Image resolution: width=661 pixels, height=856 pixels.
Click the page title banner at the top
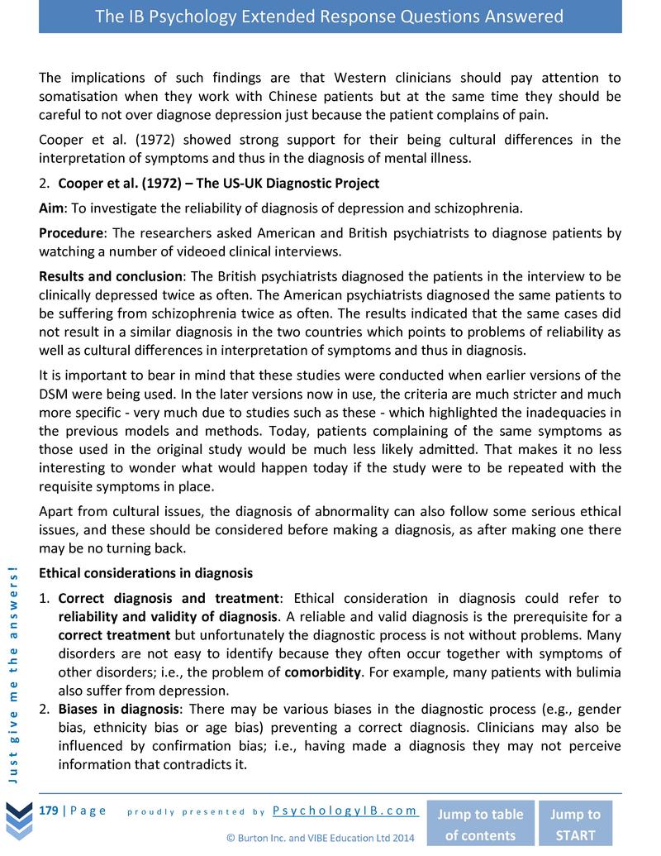(x=330, y=17)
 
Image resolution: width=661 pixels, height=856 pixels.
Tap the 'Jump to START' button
(x=575, y=824)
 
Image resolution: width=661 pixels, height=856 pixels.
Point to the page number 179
(x=49, y=811)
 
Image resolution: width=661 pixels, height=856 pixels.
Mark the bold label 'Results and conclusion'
(x=111, y=276)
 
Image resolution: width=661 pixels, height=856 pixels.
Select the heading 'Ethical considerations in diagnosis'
(x=145, y=572)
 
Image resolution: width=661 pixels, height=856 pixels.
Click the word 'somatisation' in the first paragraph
(x=78, y=96)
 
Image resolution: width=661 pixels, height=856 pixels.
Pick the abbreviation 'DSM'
(x=54, y=395)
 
